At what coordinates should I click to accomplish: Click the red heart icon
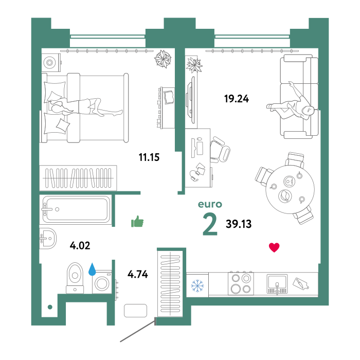pos(274,247)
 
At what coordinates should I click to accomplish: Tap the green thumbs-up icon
pos(137,222)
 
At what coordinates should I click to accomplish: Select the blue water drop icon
pos(92,269)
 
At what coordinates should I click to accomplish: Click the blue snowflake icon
pos(197,286)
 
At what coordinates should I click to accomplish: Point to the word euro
pos(210,205)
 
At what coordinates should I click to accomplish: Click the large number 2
pos(210,225)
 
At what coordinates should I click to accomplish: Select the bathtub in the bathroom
pos(76,209)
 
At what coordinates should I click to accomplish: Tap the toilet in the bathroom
pos(75,278)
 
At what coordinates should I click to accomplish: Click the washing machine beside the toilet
pos(102,282)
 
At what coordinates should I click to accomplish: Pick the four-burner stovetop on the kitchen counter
pos(241,283)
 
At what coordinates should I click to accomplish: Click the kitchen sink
pos(277,283)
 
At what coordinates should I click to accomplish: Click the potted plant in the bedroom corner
pos(164,59)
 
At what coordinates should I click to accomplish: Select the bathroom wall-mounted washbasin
pos(47,238)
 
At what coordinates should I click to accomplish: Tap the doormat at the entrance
pos(135,311)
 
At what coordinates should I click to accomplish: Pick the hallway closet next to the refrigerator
pos(170,282)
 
